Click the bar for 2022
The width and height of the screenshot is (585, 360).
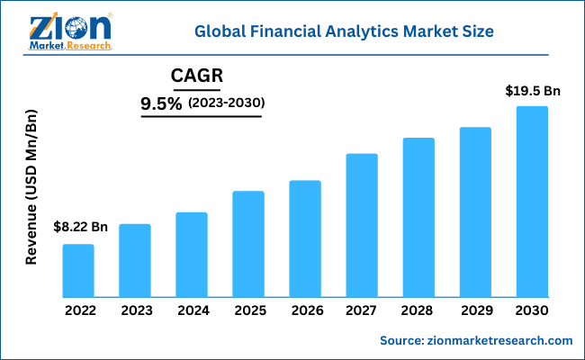pos(78,270)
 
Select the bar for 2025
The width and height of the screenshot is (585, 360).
pos(248,244)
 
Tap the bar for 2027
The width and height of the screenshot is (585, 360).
pos(362,225)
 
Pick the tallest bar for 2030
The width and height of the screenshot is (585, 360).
pos(532,202)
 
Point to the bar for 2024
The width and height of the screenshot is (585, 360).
pos(192,255)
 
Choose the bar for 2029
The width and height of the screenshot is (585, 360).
pos(475,211)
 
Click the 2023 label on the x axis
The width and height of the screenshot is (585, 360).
pos(135,310)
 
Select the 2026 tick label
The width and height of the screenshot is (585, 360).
pos(305,310)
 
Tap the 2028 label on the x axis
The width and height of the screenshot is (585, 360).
pos(418,310)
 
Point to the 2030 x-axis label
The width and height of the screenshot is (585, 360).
pos(532,310)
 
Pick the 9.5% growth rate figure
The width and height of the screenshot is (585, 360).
pos(161,104)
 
